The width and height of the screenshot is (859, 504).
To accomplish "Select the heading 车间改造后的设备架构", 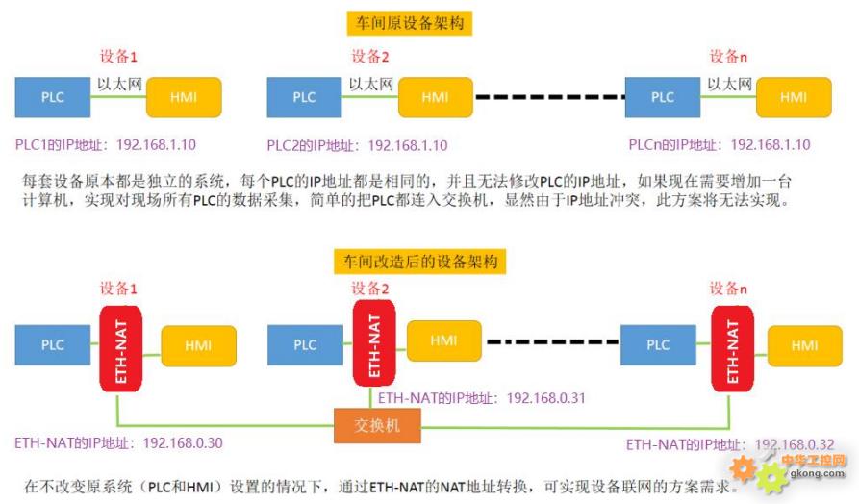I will (420, 261).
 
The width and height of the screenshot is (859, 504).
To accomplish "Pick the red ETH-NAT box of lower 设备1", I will (121, 347).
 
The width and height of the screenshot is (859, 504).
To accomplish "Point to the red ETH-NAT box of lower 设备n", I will (733, 346).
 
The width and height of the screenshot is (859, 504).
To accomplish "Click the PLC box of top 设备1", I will (52, 97).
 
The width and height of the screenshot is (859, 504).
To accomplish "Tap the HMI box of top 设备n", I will (794, 97).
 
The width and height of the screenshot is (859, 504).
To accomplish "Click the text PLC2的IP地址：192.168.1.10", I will (357, 146).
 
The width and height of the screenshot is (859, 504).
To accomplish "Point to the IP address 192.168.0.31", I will (545, 396).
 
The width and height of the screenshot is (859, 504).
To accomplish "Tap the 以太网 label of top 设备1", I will (119, 85).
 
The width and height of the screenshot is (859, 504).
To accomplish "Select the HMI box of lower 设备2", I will (443, 341).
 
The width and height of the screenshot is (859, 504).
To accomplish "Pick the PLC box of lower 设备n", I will (658, 345).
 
